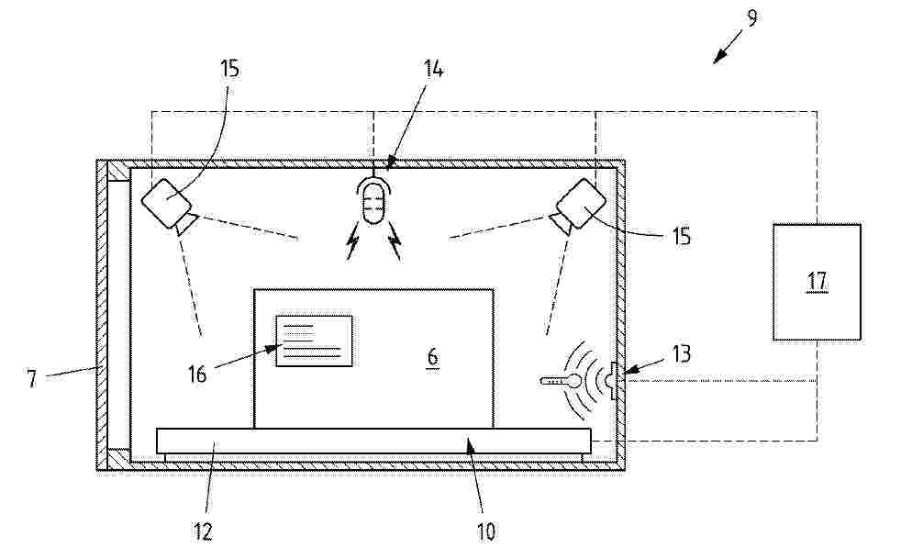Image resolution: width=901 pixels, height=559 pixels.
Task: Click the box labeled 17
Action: [817, 282]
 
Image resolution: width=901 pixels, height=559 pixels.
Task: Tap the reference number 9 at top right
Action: [751, 17]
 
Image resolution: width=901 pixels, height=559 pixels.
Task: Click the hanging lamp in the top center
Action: [373, 201]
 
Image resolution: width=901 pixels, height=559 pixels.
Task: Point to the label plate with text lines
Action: [315, 341]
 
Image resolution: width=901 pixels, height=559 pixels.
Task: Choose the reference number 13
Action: [682, 354]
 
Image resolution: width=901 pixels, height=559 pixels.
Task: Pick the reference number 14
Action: [434, 70]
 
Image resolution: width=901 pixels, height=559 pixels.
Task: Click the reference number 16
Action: [197, 375]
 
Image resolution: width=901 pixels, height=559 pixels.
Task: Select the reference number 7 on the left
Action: [31, 378]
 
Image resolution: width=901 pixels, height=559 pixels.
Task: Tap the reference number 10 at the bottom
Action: [486, 531]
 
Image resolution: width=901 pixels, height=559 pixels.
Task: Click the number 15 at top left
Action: [228, 69]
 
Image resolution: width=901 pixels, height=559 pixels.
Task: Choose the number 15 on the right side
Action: [682, 237]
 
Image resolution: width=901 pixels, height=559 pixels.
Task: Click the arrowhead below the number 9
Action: [718, 58]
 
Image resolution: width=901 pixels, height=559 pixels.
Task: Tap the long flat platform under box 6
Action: [373, 441]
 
